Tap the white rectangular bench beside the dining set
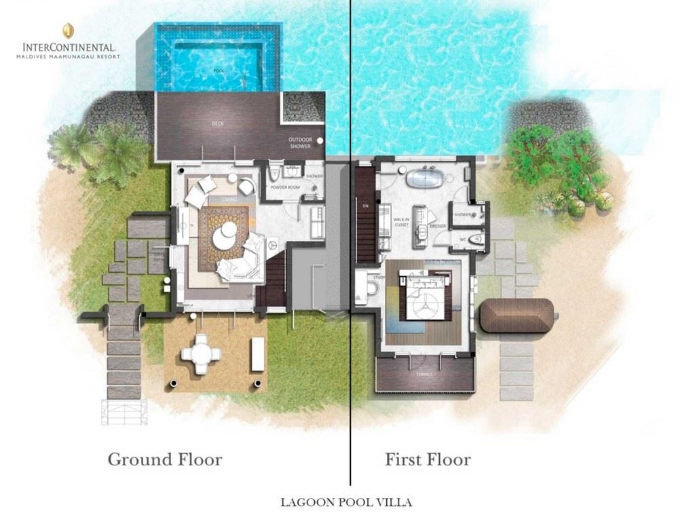(257, 353)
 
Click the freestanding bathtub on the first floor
(425, 180)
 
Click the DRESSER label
(437, 227)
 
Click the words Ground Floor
(165, 459)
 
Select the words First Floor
(428, 459)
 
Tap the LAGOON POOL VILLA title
(346, 503)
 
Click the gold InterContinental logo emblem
(67, 30)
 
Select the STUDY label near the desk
(379, 277)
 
